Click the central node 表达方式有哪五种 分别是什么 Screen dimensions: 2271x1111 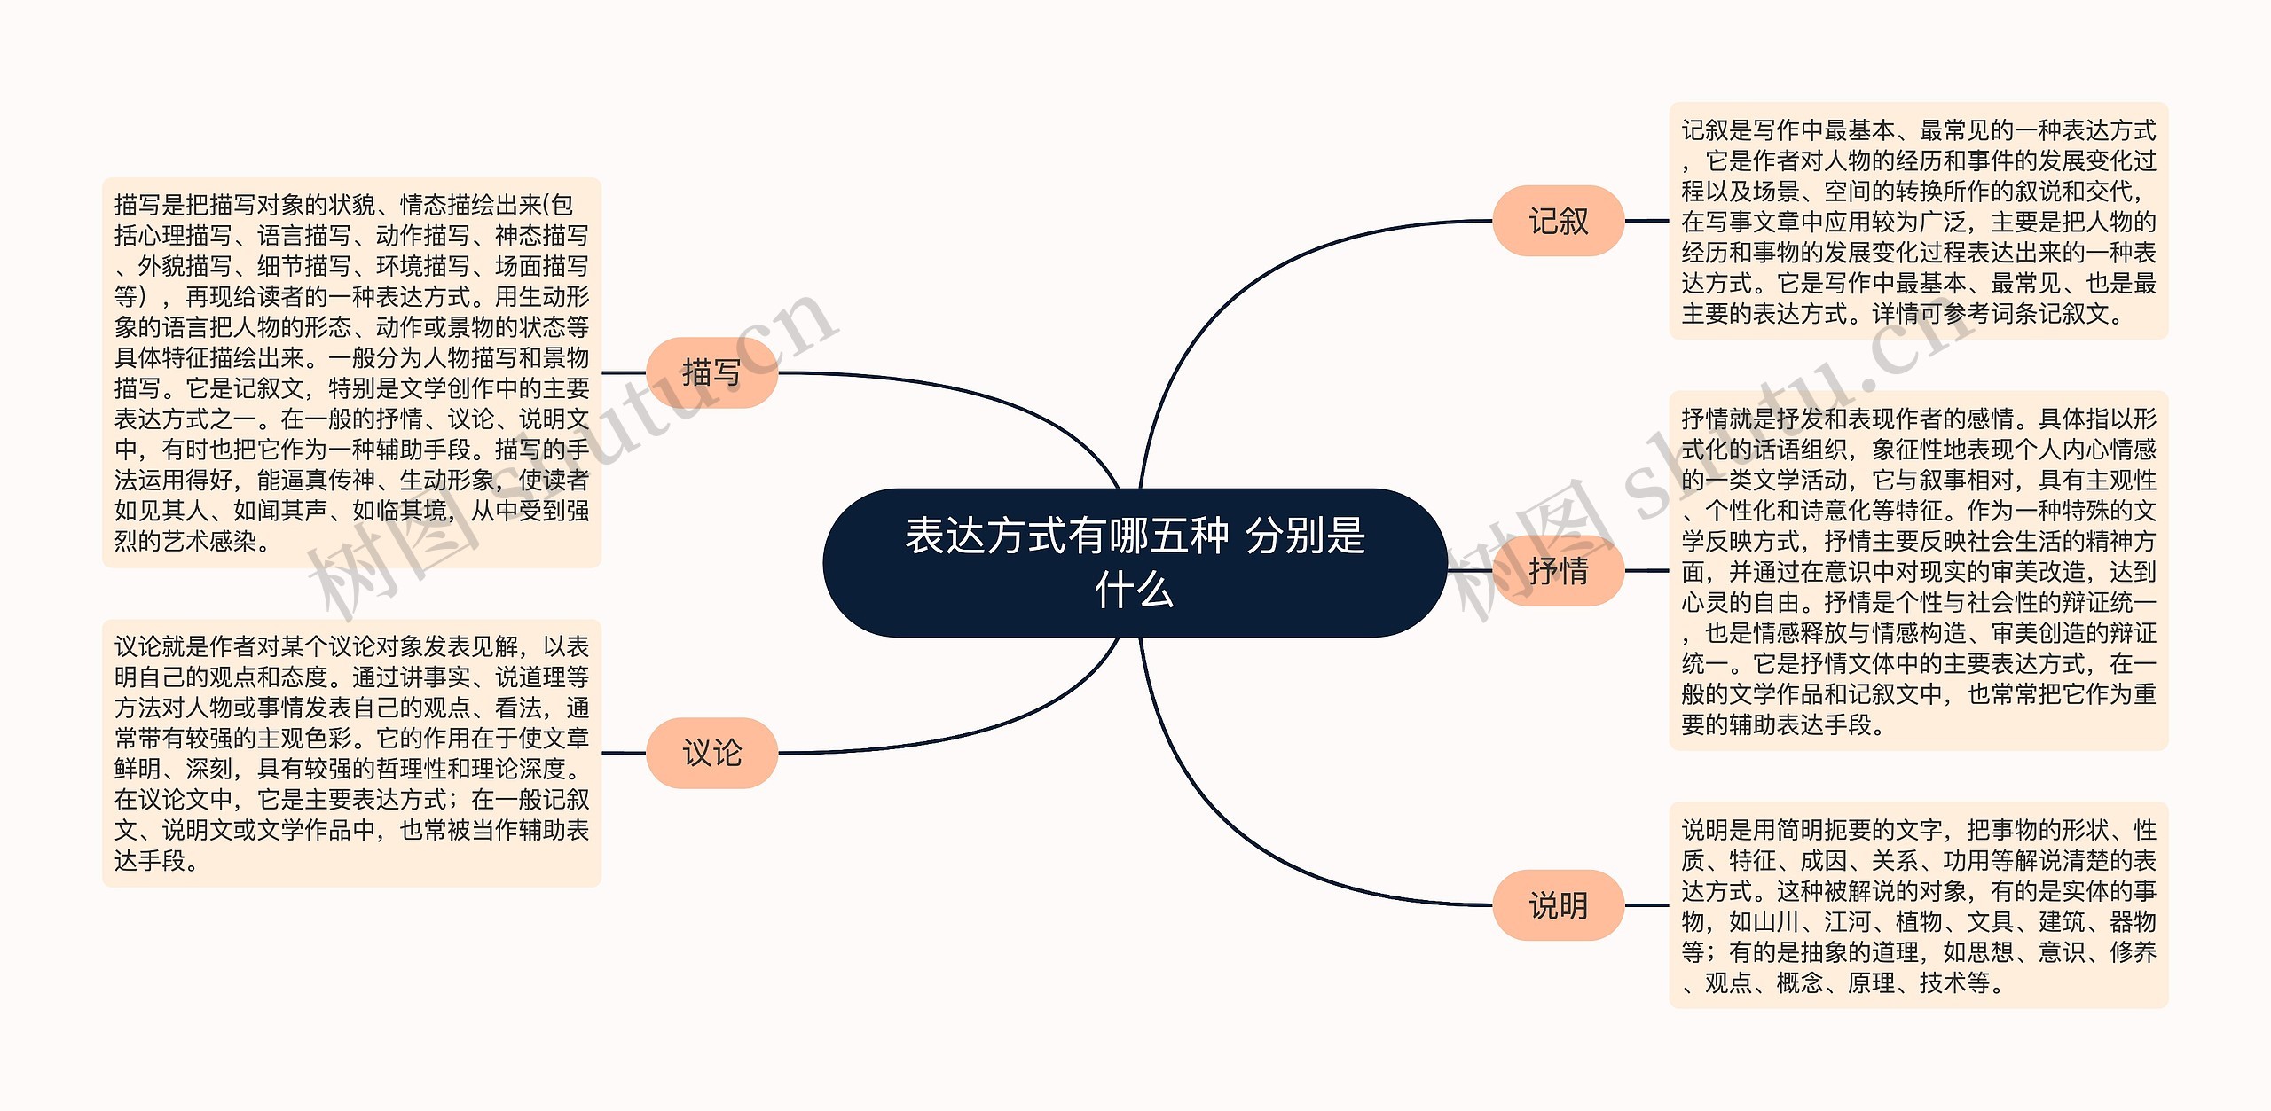tap(1135, 562)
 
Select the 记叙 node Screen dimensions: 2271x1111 tap(1558, 221)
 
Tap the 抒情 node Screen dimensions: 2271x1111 tap(1558, 570)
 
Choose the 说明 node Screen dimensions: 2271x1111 tap(1558, 905)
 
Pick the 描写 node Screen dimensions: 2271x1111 tap(711, 372)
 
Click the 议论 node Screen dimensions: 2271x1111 tap(711, 753)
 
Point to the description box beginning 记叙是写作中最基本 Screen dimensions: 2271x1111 tap(1918, 221)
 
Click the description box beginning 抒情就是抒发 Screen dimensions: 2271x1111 tap(1918, 570)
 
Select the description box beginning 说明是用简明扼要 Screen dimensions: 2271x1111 tap(1918, 905)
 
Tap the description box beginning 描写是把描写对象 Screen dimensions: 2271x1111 tap(351, 372)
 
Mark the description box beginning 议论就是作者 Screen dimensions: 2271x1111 tap(351, 753)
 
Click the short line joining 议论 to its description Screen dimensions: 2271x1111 tap(624, 753)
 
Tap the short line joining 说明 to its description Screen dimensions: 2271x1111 tap(1646, 905)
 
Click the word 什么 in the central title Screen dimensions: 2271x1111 tap(1135, 590)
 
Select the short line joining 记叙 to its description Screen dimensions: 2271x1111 tap(1646, 221)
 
